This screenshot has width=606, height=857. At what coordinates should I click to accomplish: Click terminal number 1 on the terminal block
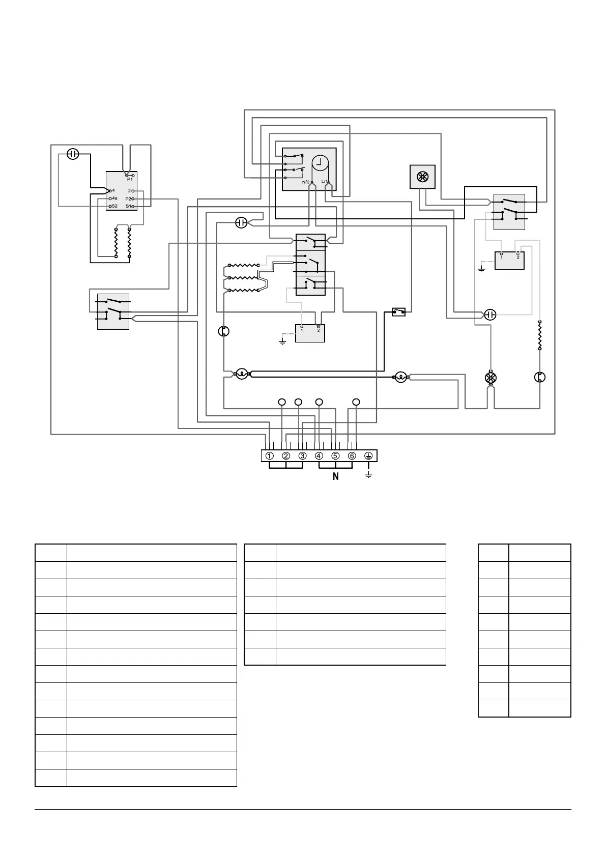point(270,455)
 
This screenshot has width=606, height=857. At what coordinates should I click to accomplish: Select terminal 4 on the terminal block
point(319,455)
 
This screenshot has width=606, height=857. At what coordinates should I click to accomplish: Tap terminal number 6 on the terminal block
point(352,455)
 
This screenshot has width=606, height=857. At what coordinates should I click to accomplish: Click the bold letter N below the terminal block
point(335,477)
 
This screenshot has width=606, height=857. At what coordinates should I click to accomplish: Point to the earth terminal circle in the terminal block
point(368,455)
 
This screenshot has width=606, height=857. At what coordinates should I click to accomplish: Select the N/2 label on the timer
point(305,182)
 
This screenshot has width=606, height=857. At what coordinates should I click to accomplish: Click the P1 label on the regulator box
point(130,179)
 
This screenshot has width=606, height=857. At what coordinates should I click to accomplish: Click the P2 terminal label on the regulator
point(129,198)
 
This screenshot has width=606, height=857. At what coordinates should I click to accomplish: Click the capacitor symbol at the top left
point(73,154)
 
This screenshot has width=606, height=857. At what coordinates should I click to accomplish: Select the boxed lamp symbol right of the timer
point(422,177)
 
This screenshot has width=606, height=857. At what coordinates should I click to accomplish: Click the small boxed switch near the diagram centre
point(399,311)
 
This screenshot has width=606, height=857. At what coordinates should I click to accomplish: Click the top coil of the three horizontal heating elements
point(244,265)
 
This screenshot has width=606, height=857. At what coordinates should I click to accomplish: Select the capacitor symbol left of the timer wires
point(241,222)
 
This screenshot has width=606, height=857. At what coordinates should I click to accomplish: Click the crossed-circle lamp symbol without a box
point(490,378)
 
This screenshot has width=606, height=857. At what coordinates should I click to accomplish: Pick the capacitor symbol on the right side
point(489,315)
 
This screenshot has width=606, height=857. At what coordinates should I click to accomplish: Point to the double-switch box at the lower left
point(113,311)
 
